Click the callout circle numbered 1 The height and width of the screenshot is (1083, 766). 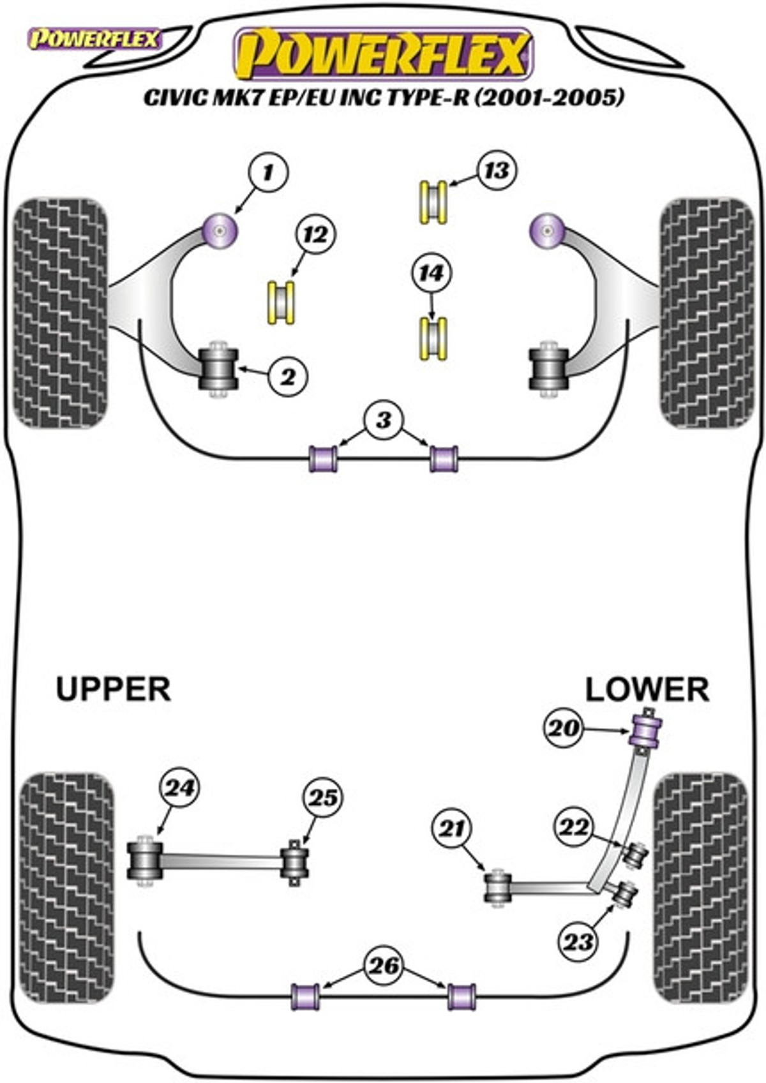tap(268, 172)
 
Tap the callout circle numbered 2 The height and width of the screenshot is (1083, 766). tap(289, 377)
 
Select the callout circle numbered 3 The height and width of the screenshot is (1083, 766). tap(383, 421)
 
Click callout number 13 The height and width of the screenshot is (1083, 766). tap(497, 170)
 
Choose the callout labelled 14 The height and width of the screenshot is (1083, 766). tap(432, 273)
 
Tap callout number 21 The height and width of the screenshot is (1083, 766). tap(453, 828)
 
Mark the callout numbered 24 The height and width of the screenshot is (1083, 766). tap(180, 788)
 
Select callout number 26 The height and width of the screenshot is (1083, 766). tap(384, 966)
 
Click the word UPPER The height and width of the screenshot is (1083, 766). tap(113, 690)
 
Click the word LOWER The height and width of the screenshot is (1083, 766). tap(647, 690)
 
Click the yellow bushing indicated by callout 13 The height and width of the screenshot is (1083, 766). tap(433, 202)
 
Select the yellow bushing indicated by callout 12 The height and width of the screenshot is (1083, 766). tap(281, 302)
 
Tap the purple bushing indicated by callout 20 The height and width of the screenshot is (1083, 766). tap(645, 730)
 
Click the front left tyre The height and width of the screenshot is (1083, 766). tap(61, 313)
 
